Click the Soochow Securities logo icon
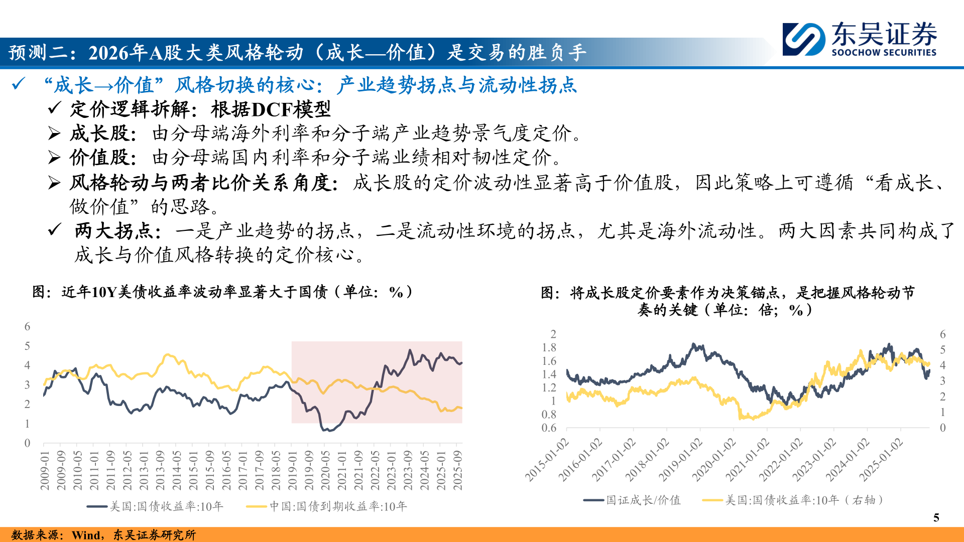[x=803, y=39]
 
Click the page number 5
[x=936, y=517]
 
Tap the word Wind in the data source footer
[x=86, y=535]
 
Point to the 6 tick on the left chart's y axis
[x=28, y=327]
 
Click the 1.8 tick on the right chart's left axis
[x=549, y=347]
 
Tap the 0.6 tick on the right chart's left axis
[x=549, y=428]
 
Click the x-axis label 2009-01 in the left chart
[x=45, y=470]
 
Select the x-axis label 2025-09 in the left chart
[x=457, y=470]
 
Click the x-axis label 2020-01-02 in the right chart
[x=715, y=459]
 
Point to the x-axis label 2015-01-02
[x=547, y=459]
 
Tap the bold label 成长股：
[x=103, y=133]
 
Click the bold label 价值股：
[x=103, y=158]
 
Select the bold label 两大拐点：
[x=118, y=231]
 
